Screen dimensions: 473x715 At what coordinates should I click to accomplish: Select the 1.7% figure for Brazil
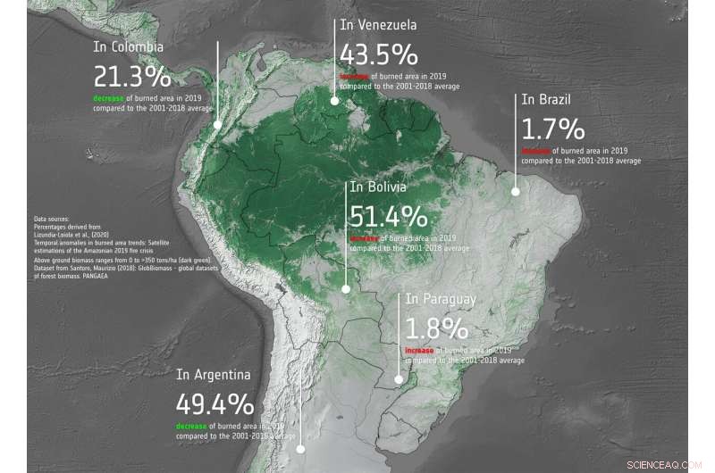pyautogui.click(x=552, y=128)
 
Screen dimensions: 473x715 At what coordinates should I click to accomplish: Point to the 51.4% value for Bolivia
pyautogui.click(x=388, y=217)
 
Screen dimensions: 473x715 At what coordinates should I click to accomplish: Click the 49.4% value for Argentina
pyautogui.click(x=215, y=405)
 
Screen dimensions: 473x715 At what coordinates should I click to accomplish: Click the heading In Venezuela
pyautogui.click(x=378, y=25)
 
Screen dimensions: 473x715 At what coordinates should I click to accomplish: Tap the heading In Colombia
pyautogui.click(x=128, y=46)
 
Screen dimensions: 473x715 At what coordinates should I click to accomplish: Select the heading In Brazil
pyautogui.click(x=545, y=99)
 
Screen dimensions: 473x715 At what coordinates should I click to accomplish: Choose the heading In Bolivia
pyautogui.click(x=378, y=187)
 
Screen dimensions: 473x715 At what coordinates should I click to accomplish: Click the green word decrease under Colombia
pyautogui.click(x=110, y=96)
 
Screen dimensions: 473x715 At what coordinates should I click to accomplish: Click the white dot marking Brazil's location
pyautogui.click(x=515, y=190)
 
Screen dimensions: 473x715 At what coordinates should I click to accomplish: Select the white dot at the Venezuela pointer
pyautogui.click(x=334, y=101)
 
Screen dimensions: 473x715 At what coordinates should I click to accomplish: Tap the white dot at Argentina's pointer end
pyautogui.click(x=301, y=450)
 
